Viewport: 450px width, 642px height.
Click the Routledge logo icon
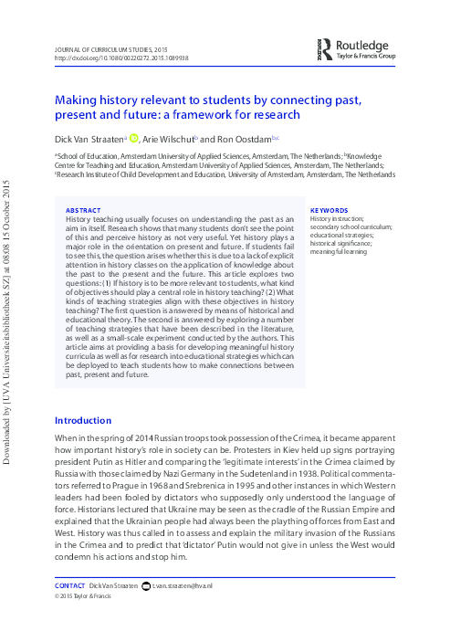click(325, 48)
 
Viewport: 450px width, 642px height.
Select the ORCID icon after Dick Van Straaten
click(133, 139)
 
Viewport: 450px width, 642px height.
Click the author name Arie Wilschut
click(170, 139)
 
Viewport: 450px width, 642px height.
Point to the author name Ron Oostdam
click(233, 139)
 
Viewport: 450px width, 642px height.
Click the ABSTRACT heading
click(84, 209)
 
